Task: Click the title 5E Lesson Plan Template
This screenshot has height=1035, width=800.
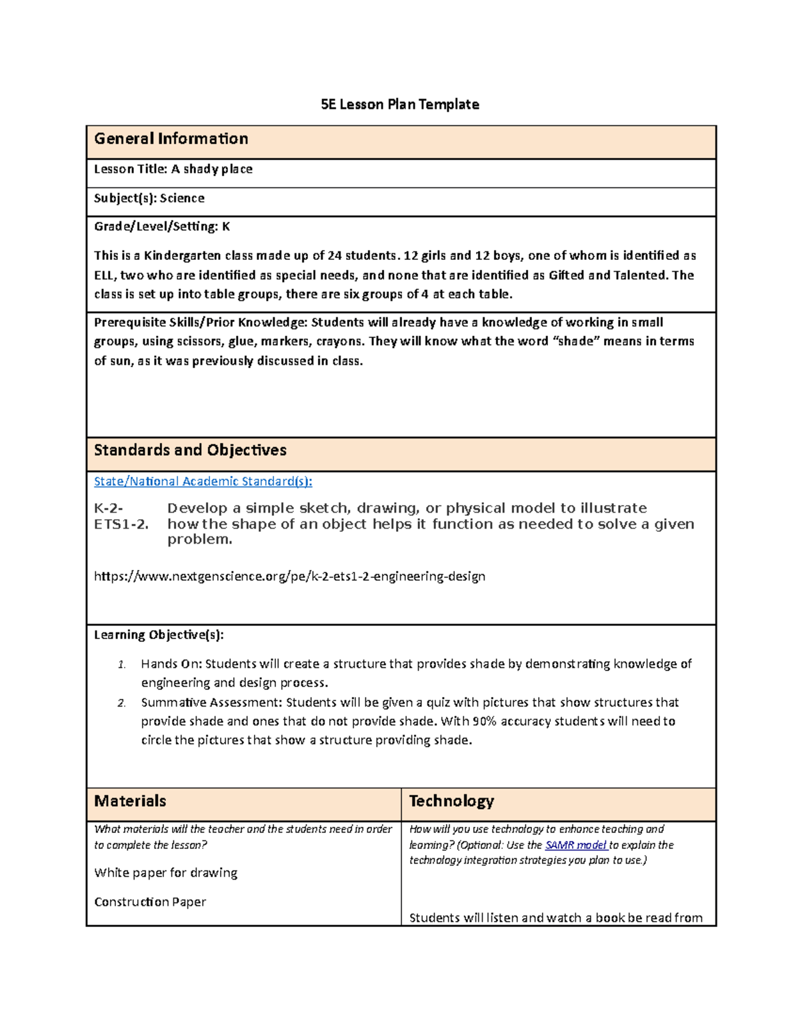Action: coord(399,105)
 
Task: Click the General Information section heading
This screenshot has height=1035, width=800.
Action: coord(171,139)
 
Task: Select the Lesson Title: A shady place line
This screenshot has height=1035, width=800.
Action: coord(173,169)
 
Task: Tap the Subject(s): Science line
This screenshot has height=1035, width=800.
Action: coord(149,198)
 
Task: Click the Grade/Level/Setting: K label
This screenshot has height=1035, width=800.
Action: coord(162,227)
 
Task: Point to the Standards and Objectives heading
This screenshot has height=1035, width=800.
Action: coord(190,451)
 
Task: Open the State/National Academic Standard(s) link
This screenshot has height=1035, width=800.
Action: coord(203,481)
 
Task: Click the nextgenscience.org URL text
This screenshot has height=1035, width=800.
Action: coord(289,576)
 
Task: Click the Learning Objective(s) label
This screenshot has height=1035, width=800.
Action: coord(159,635)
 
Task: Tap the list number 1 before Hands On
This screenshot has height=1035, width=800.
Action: coord(121,664)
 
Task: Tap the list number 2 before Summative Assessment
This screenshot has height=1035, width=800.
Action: coord(121,703)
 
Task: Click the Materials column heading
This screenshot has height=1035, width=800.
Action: coord(130,801)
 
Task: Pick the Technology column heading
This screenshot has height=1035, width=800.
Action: coord(451,801)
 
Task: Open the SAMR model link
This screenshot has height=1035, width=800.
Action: coord(575,845)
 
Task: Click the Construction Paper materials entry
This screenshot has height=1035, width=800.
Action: coord(150,902)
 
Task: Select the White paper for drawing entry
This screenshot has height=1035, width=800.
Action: coord(166,873)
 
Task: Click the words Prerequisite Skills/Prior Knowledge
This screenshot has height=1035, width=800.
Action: coord(200,323)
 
